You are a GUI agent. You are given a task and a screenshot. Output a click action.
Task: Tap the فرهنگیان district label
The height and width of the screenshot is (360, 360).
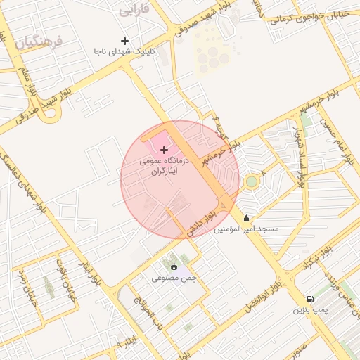click(x=37, y=41)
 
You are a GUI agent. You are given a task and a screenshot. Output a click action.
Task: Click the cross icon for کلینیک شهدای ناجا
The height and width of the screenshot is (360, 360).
click(x=125, y=41)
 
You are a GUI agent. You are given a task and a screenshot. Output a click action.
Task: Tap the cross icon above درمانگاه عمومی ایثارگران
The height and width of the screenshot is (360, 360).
click(x=165, y=150)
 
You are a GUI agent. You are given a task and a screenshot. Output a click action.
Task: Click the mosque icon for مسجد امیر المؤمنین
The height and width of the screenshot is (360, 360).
click(x=246, y=218)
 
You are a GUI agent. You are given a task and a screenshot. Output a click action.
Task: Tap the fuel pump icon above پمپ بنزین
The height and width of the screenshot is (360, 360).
click(x=311, y=299)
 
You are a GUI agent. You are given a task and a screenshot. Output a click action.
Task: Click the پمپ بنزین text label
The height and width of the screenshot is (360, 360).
click(x=311, y=310)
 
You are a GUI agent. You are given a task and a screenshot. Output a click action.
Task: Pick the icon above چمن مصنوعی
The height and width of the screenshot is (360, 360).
click(x=174, y=266)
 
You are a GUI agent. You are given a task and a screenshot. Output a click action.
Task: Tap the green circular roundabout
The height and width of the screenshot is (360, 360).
click(x=252, y=183)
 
